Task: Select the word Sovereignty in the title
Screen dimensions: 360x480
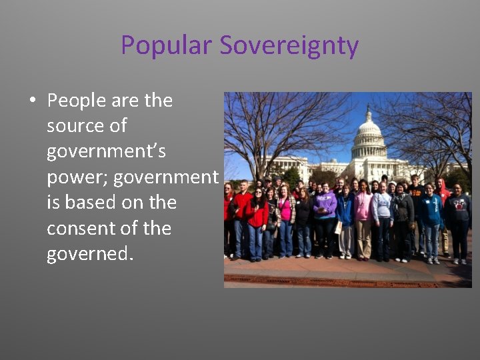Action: click(x=289, y=46)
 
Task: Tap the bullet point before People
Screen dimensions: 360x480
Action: click(x=31, y=101)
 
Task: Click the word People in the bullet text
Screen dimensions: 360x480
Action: click(x=77, y=101)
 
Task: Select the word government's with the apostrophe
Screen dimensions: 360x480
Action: click(x=106, y=152)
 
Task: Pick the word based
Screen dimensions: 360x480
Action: click(x=101, y=203)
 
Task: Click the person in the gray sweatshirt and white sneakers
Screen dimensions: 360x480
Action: click(x=382, y=220)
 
